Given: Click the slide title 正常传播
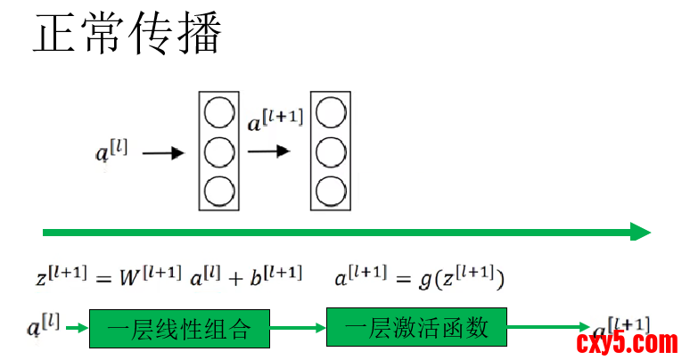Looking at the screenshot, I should coord(127,34).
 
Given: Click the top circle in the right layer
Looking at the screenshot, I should coord(330,113).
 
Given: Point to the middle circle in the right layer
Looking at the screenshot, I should coord(330,151).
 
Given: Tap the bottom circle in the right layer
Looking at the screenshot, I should coord(330,190).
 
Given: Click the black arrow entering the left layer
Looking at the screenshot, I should coord(163,153).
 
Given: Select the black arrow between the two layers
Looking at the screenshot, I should coord(269,151).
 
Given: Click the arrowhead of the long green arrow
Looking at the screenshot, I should coord(641,233).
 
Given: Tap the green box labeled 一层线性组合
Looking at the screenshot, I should coord(178,330).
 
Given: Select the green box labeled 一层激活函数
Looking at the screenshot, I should coord(416,328).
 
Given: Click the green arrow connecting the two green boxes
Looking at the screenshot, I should coord(299,329).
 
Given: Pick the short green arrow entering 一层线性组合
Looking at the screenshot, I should coord(77,329).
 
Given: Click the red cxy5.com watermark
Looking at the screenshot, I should coord(627,341).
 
